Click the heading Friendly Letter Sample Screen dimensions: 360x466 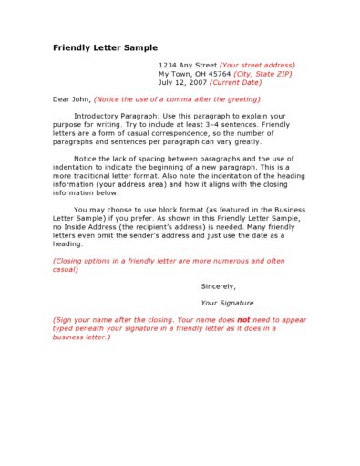tap(105, 47)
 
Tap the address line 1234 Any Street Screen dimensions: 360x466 tap(187, 66)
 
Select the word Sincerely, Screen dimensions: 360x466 tap(219, 286)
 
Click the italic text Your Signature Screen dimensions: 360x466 tap(227, 303)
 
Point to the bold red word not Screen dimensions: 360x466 tap(243, 320)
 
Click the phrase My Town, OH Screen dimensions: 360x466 tap(179, 74)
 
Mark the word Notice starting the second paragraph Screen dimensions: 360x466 tap(86, 158)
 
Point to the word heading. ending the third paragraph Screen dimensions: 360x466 tap(68, 244)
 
